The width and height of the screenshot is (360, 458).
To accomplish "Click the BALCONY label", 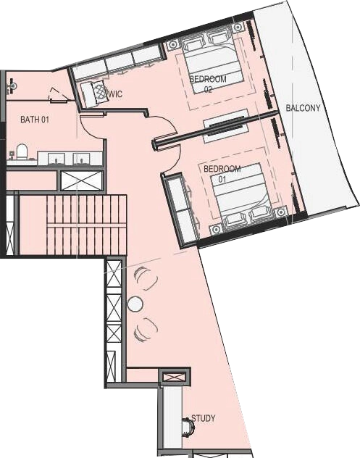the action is click(303, 108).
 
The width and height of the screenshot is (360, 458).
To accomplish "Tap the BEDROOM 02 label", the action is click(208, 84).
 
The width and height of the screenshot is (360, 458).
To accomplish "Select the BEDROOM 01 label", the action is click(222, 173).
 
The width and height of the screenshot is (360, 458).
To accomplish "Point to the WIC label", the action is click(115, 94).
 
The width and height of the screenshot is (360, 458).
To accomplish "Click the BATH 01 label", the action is click(35, 119).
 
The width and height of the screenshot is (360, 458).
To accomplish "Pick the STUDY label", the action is click(204, 418).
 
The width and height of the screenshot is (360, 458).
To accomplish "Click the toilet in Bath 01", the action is click(22, 151).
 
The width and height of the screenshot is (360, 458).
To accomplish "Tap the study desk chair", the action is click(188, 427).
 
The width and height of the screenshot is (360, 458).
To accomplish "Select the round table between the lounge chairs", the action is click(135, 304).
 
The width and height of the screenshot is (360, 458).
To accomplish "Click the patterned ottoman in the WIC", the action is click(99, 91).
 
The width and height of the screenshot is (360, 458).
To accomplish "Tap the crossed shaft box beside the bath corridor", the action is click(81, 180).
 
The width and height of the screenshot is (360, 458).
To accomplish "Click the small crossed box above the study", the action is click(174, 377).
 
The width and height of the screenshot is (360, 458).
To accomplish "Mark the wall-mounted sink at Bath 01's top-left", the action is click(12, 86).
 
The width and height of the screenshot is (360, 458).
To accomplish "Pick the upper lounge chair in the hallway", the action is click(146, 278).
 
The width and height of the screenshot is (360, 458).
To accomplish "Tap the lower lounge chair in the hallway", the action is click(146, 330).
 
